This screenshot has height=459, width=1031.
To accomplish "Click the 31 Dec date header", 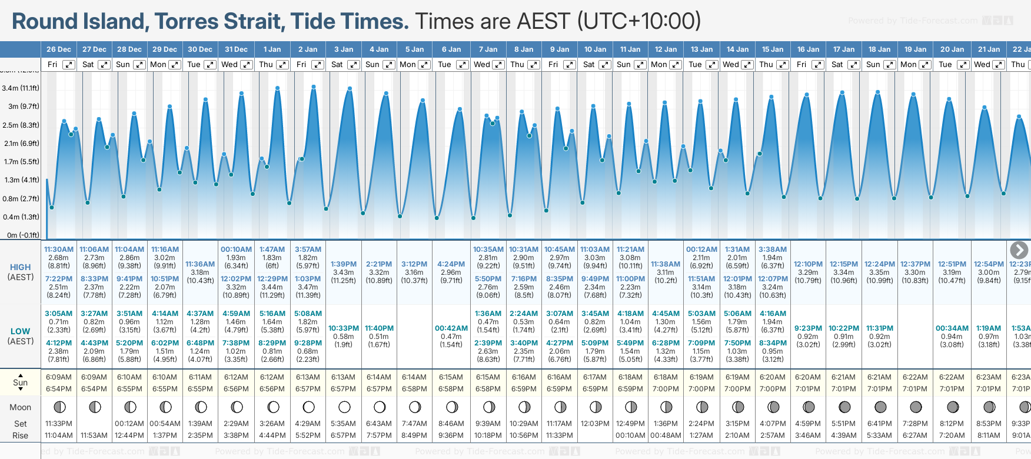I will [236, 49].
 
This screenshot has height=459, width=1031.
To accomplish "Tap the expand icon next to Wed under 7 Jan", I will [498, 65].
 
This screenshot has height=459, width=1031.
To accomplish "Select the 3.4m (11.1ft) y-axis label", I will [21, 88].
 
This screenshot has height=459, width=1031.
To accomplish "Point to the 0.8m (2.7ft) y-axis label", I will [21, 199].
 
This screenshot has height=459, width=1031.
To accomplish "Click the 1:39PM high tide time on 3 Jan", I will [344, 264].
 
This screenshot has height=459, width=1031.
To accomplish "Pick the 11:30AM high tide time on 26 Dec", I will [59, 250].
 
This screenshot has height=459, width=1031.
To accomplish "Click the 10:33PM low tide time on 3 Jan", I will [344, 328].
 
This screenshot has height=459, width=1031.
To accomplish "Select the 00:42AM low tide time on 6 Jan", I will [451, 328].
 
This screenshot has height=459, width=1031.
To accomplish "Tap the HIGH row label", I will [21, 267].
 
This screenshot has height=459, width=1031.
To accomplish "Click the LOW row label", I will [21, 331].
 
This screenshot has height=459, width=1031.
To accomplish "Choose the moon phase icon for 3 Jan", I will [345, 407].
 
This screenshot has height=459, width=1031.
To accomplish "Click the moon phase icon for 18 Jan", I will [880, 407].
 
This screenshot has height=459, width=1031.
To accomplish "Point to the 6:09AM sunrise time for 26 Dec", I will [59, 377].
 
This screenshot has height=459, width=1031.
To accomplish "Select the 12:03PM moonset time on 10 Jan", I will [595, 424].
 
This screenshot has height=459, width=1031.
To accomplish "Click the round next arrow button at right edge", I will [1019, 250].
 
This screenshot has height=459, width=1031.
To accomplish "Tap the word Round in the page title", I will [45, 22].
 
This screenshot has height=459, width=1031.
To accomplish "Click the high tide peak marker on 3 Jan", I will [350, 89].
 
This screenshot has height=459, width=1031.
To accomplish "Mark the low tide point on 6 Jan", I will [437, 218].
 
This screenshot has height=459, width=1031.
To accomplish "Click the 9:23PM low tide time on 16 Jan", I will [808, 328].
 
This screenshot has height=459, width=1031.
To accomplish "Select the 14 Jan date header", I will [737, 49].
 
